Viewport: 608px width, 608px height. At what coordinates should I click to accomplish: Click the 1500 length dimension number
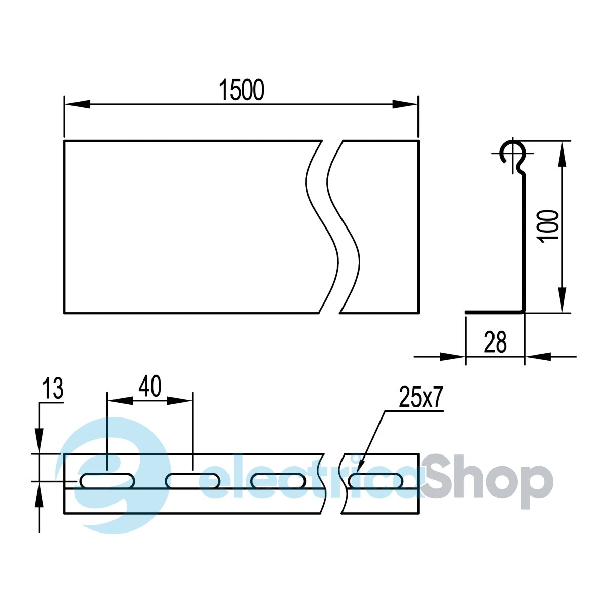[242, 90]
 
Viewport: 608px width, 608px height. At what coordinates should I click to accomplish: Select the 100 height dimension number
[549, 226]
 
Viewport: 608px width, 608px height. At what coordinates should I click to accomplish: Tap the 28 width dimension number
[495, 342]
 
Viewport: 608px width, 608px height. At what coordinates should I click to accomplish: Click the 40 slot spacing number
[150, 386]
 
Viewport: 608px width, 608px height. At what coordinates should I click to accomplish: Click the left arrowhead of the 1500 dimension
[78, 104]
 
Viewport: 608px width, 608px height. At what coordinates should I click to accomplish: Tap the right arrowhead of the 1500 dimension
[405, 104]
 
